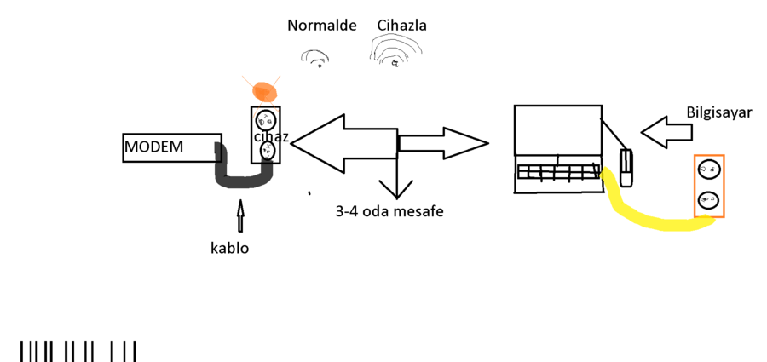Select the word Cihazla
click(x=401, y=26)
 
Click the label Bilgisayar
click(x=719, y=112)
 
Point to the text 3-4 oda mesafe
click(x=389, y=211)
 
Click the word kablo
click(x=229, y=249)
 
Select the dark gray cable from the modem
click(x=243, y=179)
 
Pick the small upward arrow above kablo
click(x=239, y=215)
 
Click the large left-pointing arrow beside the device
click(x=341, y=142)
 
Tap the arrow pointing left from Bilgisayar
click(x=664, y=132)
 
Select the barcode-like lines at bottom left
click(x=78, y=351)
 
